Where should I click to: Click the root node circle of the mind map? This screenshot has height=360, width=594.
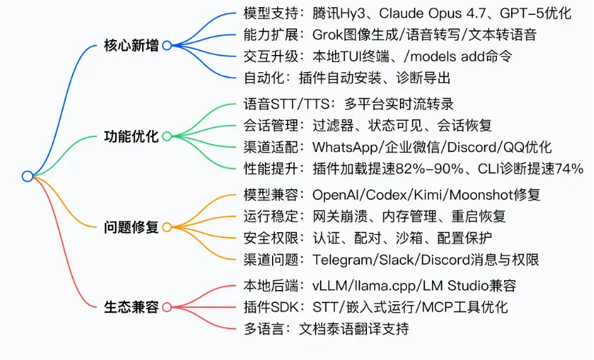(x=27, y=176)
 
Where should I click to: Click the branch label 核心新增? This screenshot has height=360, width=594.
(x=131, y=46)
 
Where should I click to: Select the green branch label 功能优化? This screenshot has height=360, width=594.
(x=131, y=136)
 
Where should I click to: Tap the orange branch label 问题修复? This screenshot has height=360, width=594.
(x=131, y=227)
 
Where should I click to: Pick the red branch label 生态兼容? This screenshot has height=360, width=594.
(x=131, y=307)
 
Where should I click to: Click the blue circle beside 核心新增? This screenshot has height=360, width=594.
(x=167, y=46)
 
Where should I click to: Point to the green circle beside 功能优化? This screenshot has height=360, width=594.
(x=167, y=136)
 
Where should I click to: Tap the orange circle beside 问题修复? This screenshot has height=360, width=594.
(x=167, y=227)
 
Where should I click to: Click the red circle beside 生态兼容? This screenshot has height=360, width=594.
(x=167, y=307)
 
